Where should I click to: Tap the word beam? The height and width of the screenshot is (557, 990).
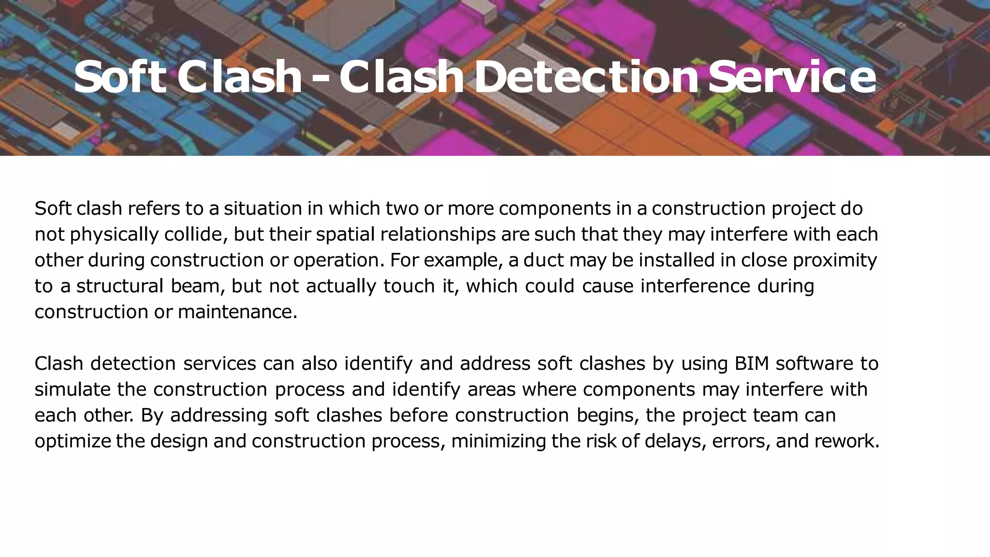click(198, 286)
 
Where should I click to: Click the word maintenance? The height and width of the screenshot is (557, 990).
click(237, 312)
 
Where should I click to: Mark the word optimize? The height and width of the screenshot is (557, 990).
click(73, 441)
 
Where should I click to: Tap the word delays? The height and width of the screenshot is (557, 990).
click(672, 441)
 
